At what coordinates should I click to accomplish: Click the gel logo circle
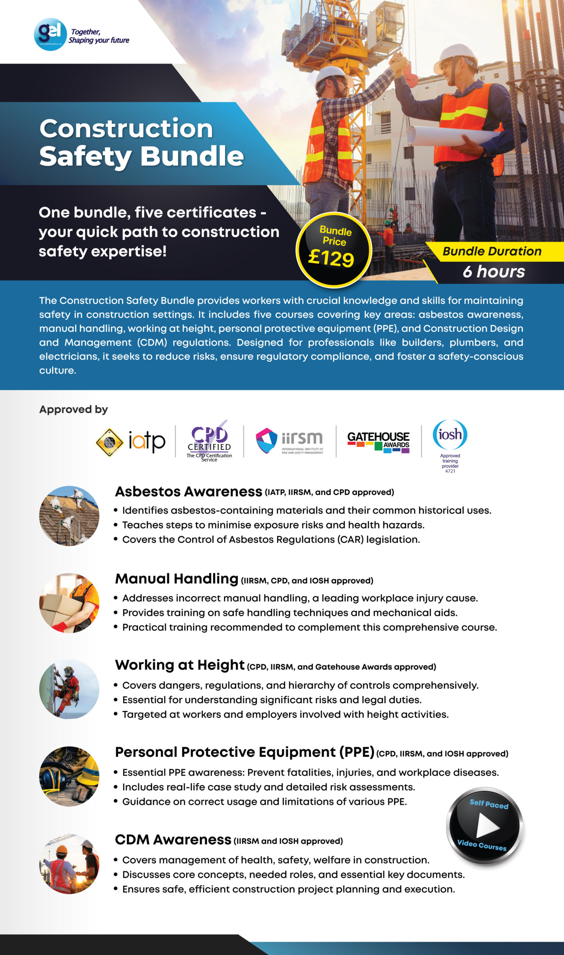[50, 34]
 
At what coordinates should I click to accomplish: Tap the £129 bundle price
[331, 258]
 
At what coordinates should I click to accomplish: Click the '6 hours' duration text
[493, 272]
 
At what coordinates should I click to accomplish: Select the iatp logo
[131, 442]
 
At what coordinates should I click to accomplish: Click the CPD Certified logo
[209, 441]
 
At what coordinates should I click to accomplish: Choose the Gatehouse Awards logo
[378, 442]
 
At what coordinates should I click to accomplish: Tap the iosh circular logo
[450, 435]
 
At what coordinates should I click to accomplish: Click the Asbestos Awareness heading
[188, 491]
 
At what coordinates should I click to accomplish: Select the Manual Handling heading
[177, 579]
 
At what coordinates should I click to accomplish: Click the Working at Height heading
[180, 665]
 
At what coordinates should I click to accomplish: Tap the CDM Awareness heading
[173, 840]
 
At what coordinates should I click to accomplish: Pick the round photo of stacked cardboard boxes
[69, 602]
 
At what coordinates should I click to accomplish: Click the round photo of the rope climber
[69, 689]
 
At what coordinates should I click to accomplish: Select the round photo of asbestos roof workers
[69, 516]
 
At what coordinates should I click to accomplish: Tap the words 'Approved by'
[74, 409]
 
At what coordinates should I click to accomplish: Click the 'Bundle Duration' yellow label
[492, 251]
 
